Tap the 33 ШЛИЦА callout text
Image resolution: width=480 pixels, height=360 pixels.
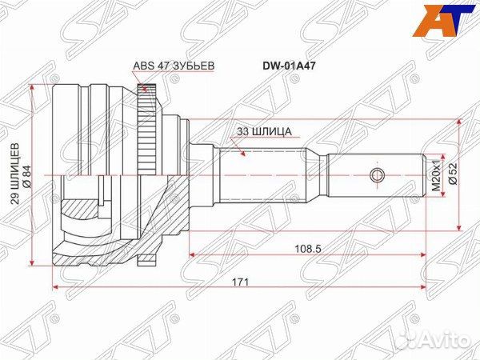[265, 128]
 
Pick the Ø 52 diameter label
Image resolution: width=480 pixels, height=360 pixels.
[453, 174]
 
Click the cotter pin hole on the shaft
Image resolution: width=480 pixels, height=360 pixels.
[378, 174]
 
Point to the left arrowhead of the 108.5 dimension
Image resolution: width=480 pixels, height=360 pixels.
[192, 255]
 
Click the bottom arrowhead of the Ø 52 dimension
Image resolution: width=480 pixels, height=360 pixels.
[458, 226]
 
